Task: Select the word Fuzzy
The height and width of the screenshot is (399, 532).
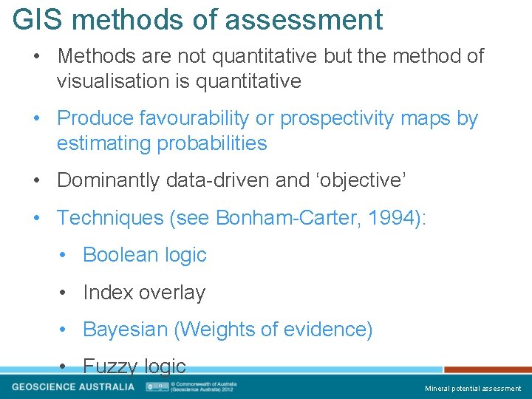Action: click(x=110, y=366)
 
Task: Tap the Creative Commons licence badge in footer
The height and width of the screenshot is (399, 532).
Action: click(x=157, y=386)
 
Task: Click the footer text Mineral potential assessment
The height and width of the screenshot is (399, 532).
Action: click(x=472, y=389)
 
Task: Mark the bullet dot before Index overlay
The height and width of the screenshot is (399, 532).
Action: click(x=66, y=293)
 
